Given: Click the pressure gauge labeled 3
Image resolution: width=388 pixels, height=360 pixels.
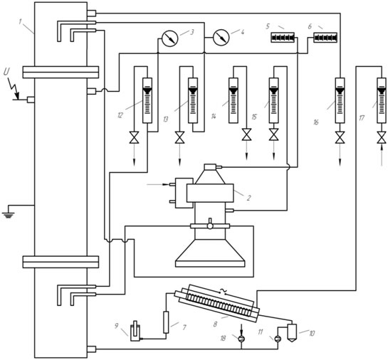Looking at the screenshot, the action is tap(169, 38).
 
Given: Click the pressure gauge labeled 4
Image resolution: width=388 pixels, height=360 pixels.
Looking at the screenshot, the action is tap(221, 38).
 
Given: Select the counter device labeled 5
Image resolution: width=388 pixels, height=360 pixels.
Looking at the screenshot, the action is tap(283, 38).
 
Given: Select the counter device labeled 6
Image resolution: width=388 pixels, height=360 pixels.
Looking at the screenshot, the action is tap(325, 38).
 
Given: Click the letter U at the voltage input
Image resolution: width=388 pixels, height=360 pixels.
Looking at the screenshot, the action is tap(7, 72).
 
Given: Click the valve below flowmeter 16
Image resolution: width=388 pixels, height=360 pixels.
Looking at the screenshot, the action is tap(340, 137).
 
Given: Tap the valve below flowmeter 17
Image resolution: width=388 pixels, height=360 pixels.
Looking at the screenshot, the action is tap(382, 137).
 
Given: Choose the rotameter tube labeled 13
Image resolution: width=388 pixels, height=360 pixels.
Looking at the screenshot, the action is tap(193, 100).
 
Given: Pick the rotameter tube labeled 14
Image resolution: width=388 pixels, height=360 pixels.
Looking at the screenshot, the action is tap(233, 100).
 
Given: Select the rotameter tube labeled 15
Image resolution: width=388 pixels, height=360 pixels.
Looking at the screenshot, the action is tap(273, 100).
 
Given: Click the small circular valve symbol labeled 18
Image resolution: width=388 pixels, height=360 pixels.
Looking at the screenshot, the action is tap(242, 339).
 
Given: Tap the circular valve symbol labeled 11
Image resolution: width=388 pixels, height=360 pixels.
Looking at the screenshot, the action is tap(278, 339).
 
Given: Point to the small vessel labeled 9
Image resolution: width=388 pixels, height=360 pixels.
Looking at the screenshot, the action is tap(135, 331).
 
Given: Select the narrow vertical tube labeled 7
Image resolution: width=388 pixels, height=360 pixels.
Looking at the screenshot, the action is tap(166, 322).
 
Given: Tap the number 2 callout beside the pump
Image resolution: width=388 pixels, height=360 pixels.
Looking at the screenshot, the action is tap(248, 198).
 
